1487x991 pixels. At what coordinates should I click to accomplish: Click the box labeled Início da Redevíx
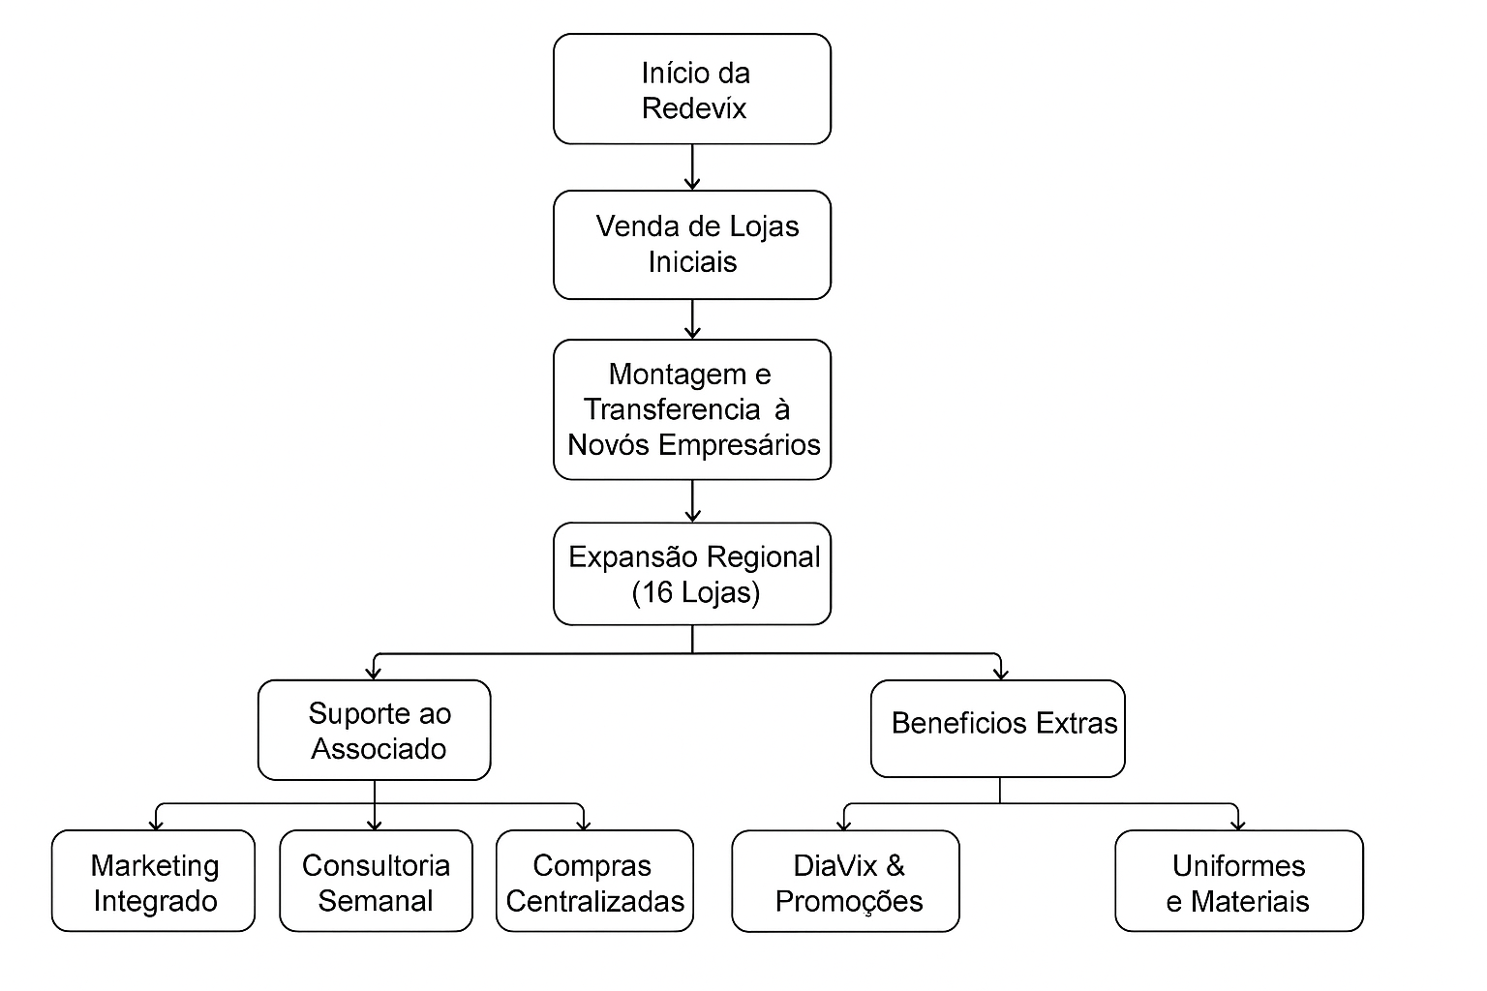click(692, 89)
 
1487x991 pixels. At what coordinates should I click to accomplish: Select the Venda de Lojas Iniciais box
click(692, 245)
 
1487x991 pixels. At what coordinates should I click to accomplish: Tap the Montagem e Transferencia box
click(692, 409)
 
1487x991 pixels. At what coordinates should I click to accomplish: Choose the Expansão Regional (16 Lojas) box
click(692, 574)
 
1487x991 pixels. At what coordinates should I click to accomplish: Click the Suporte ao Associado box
click(375, 731)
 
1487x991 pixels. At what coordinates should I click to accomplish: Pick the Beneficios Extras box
click(998, 728)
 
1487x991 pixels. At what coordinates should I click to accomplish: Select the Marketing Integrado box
click(153, 881)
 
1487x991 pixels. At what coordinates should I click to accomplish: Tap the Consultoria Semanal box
click(376, 881)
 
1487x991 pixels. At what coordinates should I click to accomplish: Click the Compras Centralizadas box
click(594, 881)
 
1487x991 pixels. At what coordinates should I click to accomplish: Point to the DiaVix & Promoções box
click(845, 881)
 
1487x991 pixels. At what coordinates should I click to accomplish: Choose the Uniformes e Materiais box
click(1239, 881)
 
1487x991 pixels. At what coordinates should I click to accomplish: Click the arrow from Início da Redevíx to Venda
click(692, 167)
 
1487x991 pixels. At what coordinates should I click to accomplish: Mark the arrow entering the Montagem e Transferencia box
click(692, 319)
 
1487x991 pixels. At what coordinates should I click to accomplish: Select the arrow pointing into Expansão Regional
click(692, 501)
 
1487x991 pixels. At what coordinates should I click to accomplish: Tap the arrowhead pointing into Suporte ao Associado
click(375, 672)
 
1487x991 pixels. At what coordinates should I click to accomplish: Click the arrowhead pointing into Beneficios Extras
click(1000, 672)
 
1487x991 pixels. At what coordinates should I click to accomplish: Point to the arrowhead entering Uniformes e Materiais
click(1238, 823)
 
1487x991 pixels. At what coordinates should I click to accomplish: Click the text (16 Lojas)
click(695, 592)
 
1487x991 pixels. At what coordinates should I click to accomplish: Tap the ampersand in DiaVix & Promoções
click(895, 864)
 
